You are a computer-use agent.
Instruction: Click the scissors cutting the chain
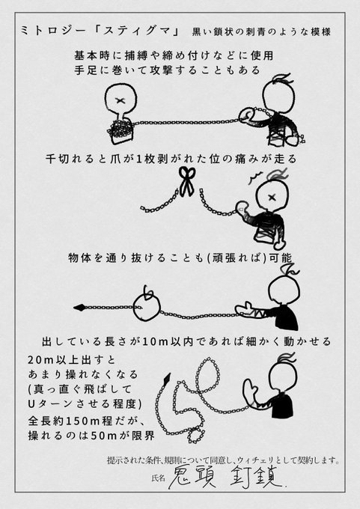186,181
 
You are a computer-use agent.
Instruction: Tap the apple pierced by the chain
147,307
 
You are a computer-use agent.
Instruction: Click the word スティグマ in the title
140,31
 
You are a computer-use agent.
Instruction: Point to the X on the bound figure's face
121,100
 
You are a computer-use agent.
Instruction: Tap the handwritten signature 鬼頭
192,478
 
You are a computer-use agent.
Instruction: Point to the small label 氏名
158,478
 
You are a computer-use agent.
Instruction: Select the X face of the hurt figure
272,197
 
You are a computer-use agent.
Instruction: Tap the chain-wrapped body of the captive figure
120,129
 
